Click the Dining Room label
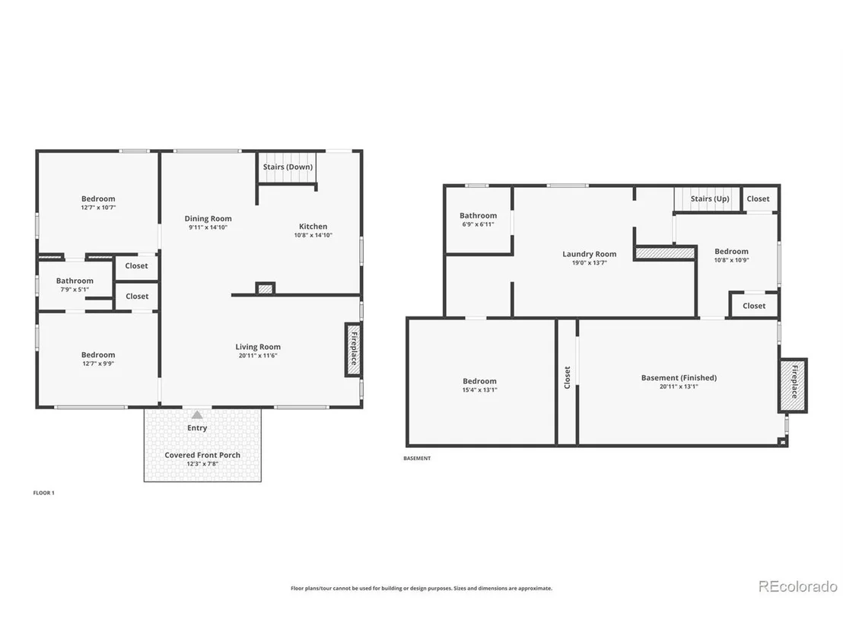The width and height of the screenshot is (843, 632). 208,218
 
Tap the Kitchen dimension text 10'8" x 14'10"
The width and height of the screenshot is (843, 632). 313,235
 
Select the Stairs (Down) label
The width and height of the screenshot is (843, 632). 288,167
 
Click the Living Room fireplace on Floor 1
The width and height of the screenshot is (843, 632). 353,350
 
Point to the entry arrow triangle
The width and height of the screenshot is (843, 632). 197,414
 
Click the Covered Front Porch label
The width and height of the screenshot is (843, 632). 202,455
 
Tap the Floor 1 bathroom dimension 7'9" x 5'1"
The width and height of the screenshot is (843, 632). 75,289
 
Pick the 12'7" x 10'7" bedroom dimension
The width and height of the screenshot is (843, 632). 98,208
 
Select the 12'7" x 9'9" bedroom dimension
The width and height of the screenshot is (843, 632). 98,364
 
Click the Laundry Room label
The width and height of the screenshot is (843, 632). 589,254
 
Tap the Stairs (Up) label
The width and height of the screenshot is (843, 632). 710,198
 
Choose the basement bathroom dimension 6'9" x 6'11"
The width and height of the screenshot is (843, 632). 478,224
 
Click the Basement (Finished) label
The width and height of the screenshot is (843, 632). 679,377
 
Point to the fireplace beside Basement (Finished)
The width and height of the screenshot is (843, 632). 793,386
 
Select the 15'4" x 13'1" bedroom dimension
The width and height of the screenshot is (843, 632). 479,389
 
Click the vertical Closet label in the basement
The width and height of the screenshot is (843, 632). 567,377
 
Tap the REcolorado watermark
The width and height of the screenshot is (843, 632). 798,586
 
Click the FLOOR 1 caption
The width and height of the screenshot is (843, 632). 44,493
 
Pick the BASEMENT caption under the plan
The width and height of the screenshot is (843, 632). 417,459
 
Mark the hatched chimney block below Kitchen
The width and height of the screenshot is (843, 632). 265,288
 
